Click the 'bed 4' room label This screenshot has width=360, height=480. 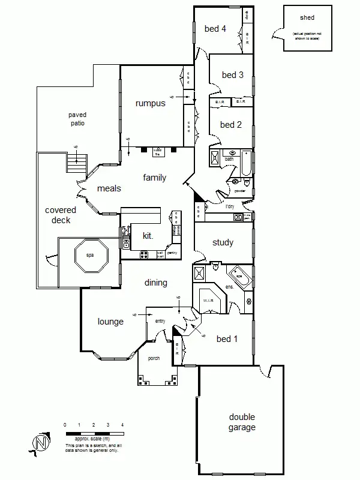pos(215,28)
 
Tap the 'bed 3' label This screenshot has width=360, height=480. pos(232,75)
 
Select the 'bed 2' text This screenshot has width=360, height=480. pos(231,125)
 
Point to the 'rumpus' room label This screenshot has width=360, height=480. pos(150,104)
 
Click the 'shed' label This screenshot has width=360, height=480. pos(307,18)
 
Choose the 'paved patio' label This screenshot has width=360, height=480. pos(77,119)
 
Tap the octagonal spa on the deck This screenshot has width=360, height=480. pos(90,256)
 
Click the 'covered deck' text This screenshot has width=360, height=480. pos(61,215)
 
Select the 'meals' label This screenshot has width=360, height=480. pos(109,188)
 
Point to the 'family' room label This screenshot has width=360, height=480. pos(154,178)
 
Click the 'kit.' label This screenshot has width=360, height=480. pos(148,236)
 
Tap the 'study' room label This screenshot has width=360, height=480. pos(223,242)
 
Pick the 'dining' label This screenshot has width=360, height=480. pos(155,283)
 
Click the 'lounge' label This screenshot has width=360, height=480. pos(110,322)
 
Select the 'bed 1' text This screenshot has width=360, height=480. pos(227,339)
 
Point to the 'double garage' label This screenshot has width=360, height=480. pos(242,422)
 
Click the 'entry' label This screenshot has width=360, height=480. pos(160,322)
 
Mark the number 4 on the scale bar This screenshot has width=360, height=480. pos(122,425)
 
